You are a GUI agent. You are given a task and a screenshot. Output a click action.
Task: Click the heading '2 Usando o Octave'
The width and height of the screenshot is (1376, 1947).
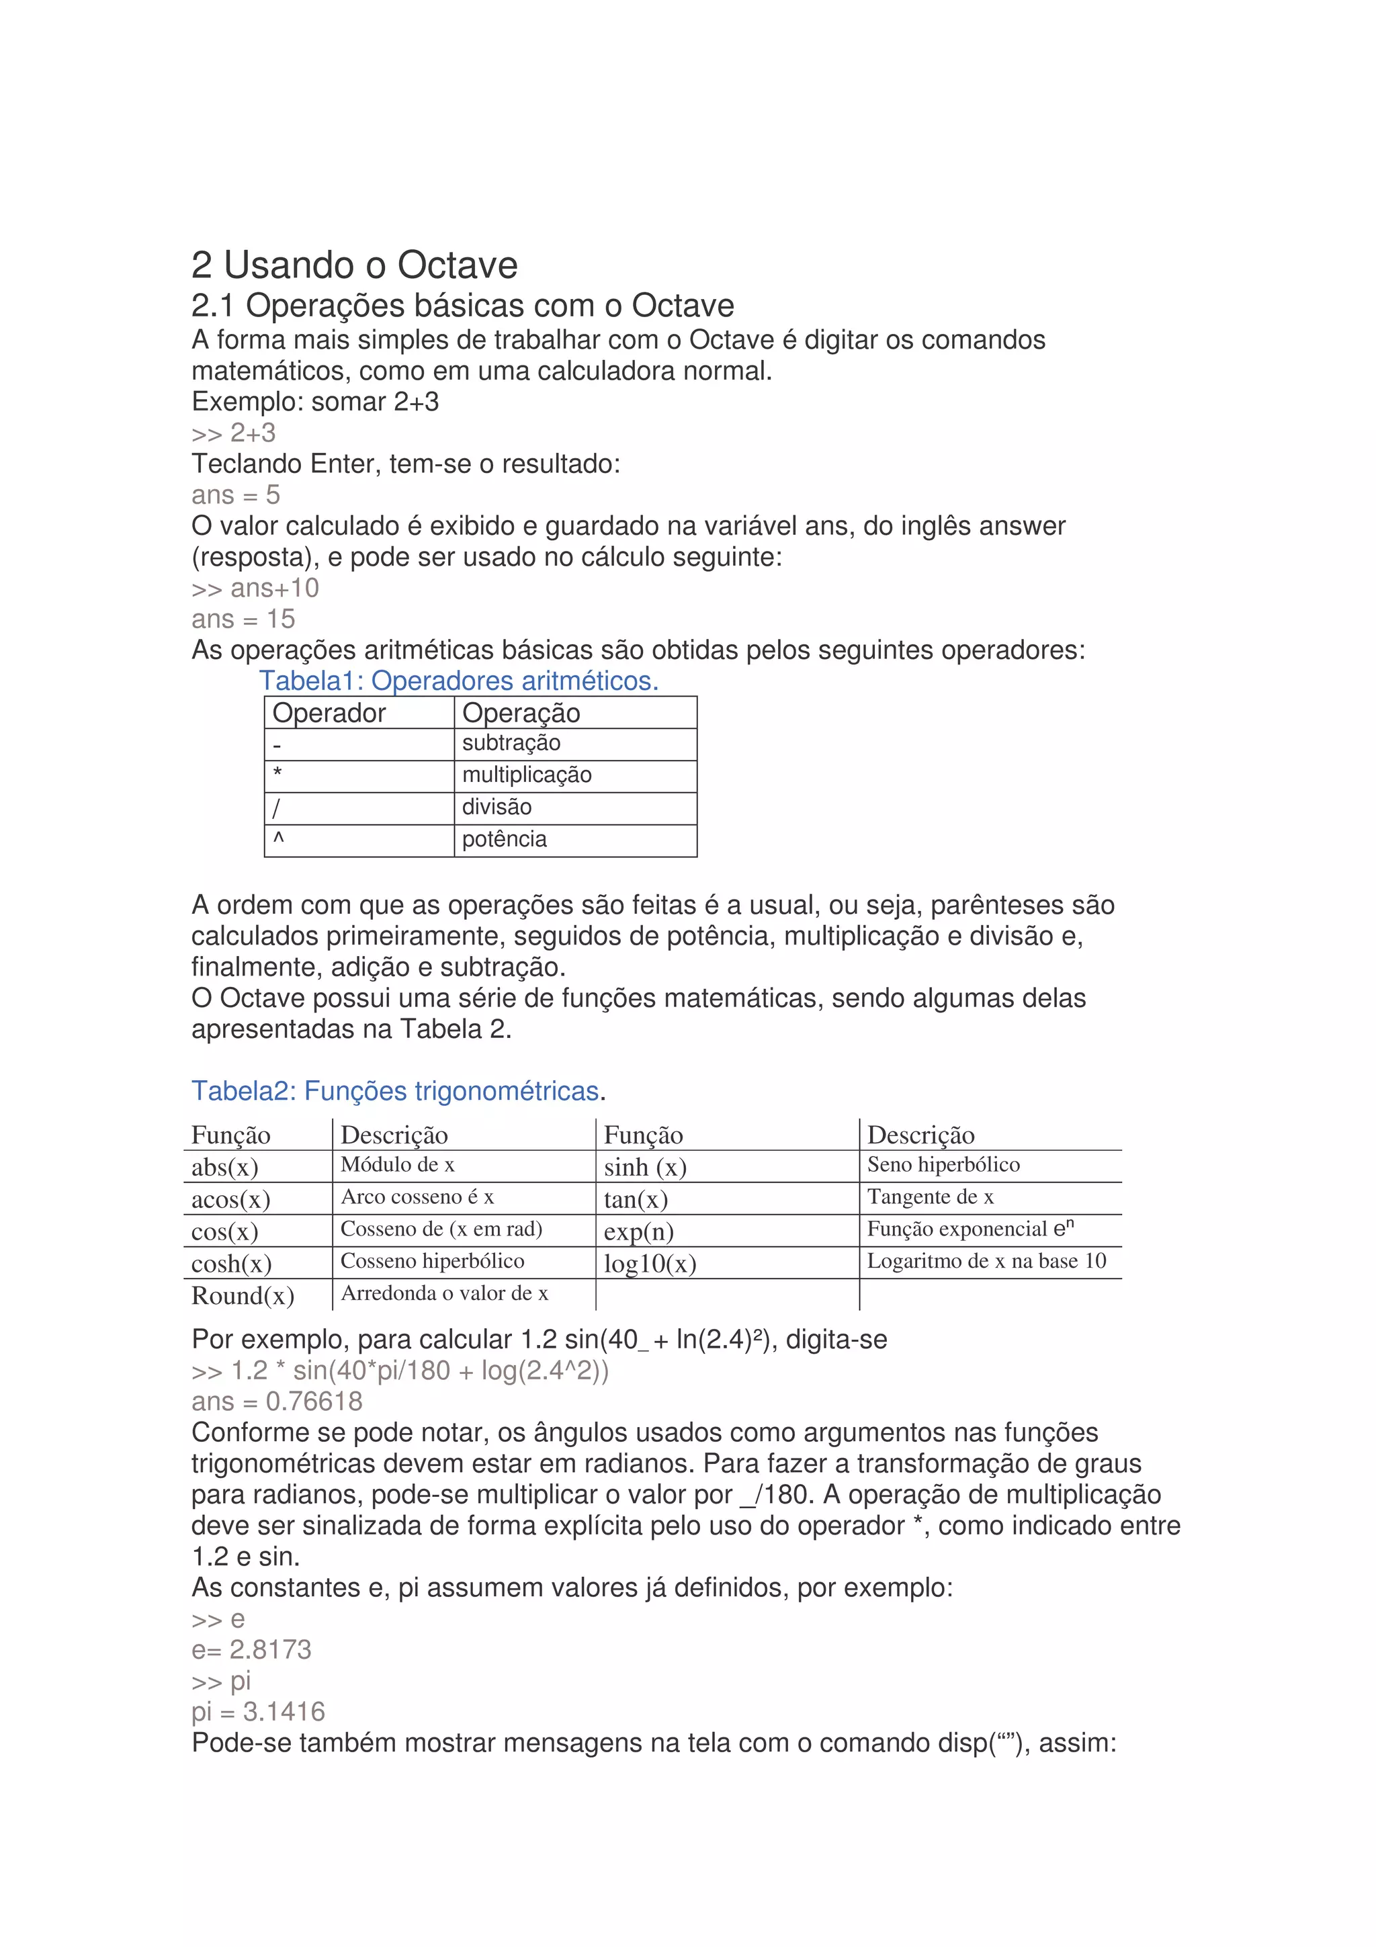353,265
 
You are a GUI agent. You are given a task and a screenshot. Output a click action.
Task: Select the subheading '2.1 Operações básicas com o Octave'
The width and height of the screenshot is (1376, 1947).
462,305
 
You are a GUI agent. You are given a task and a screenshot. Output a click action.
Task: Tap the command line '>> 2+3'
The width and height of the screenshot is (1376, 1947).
233,433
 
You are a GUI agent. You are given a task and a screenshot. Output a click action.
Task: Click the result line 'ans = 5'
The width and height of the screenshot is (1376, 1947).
235,495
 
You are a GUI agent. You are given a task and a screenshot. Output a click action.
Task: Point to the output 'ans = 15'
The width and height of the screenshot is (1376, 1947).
243,619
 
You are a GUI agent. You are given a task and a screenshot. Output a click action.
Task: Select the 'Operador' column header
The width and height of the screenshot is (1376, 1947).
329,713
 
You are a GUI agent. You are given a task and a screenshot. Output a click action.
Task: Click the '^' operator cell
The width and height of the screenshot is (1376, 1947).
278,838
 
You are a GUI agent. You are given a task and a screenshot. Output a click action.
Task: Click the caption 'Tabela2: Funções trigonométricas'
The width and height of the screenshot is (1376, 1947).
395,1090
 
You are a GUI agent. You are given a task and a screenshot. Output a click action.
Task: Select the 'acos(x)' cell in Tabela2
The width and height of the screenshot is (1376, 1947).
230,1200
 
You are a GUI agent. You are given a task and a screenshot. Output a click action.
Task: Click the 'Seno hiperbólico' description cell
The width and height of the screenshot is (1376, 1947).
943,1165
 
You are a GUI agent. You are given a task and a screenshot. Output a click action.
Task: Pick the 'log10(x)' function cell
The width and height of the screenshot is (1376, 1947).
650,1264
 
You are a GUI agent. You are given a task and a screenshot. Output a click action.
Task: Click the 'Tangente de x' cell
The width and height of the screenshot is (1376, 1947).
930,1197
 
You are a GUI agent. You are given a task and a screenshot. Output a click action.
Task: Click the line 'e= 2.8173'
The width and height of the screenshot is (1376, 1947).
251,1649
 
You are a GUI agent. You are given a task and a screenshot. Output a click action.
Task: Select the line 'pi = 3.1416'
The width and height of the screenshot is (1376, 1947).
258,1712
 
